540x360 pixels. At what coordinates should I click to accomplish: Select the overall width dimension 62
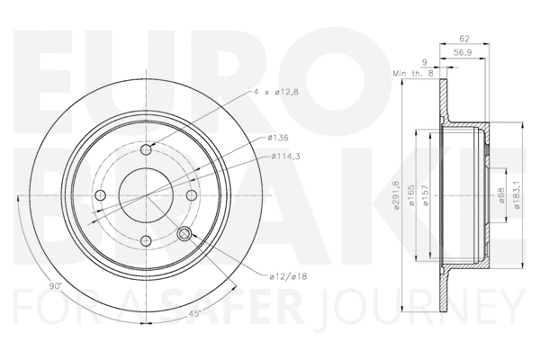pos(464,40)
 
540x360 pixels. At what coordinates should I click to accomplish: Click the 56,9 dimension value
pos(463,54)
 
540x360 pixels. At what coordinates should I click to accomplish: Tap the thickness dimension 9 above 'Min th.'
pos(425,61)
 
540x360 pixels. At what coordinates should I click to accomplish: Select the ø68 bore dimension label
pos(501,193)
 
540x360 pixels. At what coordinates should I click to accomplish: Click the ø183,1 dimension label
pos(517,193)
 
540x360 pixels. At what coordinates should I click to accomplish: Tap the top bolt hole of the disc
pos(147,150)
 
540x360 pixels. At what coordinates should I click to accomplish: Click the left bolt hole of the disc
pos(102,195)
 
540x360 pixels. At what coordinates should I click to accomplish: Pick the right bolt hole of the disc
pos(191,195)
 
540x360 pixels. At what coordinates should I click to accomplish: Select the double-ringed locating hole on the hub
pos(185,234)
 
